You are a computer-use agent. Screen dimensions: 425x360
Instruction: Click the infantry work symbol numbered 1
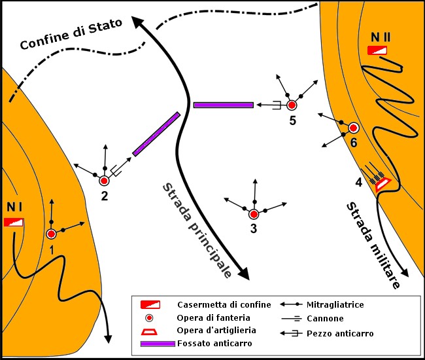click(51, 234)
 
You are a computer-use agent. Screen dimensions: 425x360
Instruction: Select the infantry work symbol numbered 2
click(104, 181)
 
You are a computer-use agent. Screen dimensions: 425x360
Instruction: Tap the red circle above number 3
click(254, 214)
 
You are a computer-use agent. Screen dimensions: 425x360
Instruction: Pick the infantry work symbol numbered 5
click(292, 105)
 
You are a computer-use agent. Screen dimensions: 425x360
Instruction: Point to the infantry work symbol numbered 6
click(353, 128)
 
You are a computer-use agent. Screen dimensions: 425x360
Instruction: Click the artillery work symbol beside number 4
click(382, 185)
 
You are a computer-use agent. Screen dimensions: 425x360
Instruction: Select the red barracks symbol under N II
click(377, 50)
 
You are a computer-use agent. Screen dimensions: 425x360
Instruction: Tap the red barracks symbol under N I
click(14, 223)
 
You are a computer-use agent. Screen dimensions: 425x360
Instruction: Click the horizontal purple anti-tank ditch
click(224, 105)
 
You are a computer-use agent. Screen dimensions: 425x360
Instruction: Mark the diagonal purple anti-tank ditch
click(156, 134)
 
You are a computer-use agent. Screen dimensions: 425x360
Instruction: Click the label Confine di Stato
click(71, 34)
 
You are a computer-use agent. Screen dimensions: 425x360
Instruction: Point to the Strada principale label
click(197, 230)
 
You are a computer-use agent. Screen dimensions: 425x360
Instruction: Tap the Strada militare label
click(373, 245)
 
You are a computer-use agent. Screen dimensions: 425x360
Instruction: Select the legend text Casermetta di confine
click(224, 304)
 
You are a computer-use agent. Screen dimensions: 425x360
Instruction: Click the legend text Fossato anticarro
click(214, 344)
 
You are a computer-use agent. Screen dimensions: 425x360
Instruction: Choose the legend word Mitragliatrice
click(335, 304)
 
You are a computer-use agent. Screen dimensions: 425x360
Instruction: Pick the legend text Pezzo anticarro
click(340, 333)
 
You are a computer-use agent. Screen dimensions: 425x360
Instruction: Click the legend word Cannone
click(325, 318)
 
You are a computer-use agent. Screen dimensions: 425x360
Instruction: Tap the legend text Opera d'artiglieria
click(216, 330)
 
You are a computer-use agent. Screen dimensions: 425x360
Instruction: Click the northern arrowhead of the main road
click(137, 22)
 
